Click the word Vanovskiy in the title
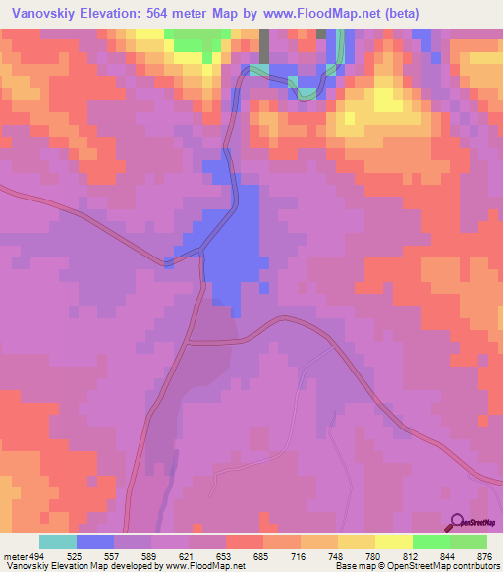[x=46, y=14]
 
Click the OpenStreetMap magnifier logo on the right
[x=456, y=523]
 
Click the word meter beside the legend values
[x=12, y=555]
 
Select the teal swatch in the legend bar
[x=58, y=542]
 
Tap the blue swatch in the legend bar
[x=95, y=542]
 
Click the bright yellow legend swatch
[x=393, y=542]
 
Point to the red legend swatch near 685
[x=244, y=542]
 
